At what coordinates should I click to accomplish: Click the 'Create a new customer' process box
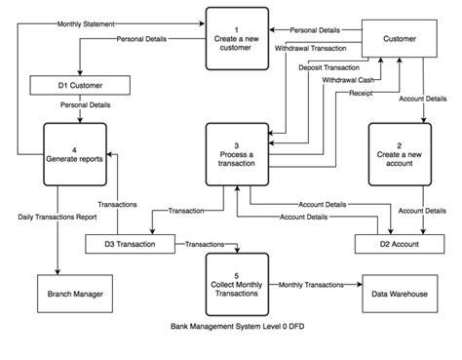[236, 37]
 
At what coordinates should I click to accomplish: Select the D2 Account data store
[399, 243]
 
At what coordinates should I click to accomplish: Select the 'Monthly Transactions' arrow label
[310, 285]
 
